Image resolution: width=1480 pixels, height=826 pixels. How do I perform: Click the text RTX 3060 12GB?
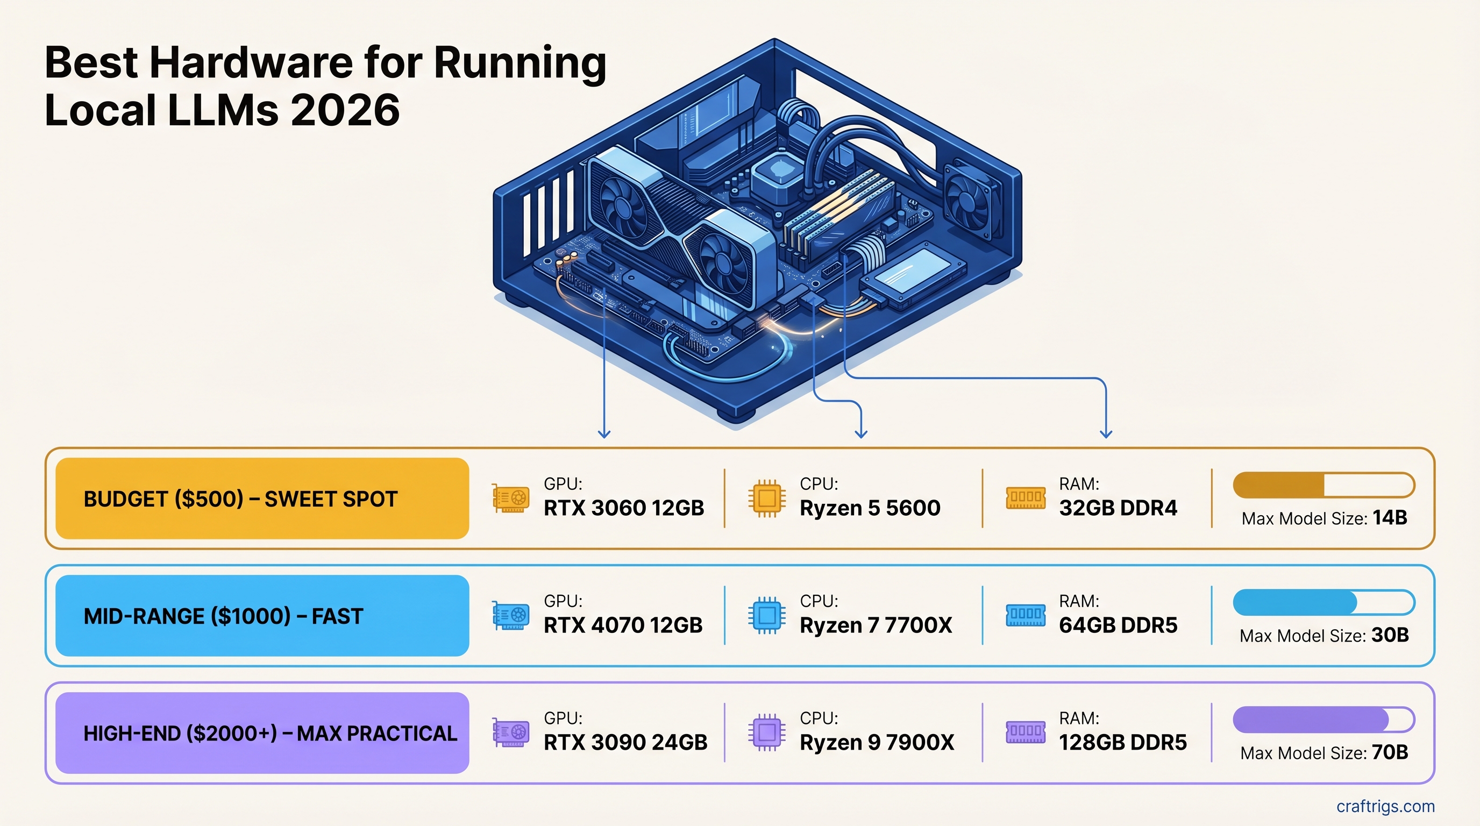623,508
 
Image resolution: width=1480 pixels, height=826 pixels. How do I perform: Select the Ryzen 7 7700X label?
876,625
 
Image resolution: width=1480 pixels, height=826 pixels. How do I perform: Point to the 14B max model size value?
1389,517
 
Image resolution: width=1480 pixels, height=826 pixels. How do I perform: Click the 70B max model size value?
1389,752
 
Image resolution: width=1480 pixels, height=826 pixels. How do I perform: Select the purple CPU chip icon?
766,732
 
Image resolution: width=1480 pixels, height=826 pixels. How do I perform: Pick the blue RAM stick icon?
1025,615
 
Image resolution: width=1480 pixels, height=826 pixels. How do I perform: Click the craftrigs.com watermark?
1385,806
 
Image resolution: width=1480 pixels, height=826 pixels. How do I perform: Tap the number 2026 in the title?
345,110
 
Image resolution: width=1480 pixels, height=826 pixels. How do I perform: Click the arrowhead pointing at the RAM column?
1105,433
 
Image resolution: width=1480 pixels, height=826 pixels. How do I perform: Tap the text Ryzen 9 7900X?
877,742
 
